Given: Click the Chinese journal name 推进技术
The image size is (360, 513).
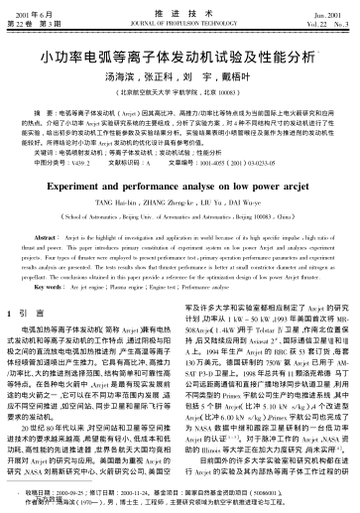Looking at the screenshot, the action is (180, 11).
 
